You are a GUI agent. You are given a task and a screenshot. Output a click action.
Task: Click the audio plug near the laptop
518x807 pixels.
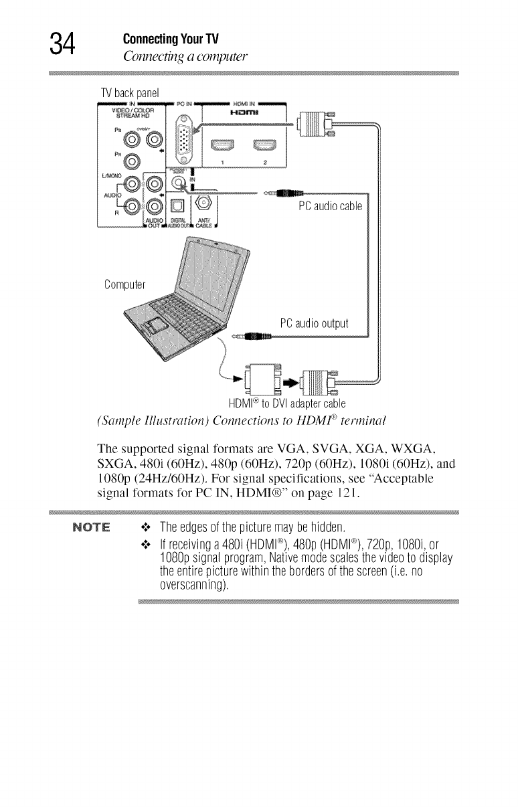pos(245,337)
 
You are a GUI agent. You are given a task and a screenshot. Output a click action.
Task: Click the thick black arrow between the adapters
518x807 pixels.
pos(290,383)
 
